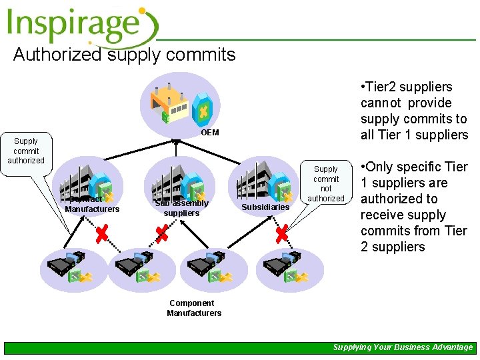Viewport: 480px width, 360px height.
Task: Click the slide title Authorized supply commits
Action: (124, 55)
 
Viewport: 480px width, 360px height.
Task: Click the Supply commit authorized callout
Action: (26, 151)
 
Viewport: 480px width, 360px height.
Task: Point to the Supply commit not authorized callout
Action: (326, 184)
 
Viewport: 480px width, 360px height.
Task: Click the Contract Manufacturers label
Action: (91, 205)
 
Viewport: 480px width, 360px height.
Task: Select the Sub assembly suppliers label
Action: (181, 208)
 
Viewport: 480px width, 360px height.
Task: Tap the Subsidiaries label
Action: (265, 207)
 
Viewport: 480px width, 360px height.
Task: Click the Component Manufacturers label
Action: (194, 308)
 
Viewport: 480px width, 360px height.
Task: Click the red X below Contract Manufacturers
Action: (102, 233)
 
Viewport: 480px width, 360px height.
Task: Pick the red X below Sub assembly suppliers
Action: (162, 233)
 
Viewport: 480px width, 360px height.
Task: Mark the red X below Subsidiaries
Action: (281, 233)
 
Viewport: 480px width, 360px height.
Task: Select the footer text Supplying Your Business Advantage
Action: (403, 347)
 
